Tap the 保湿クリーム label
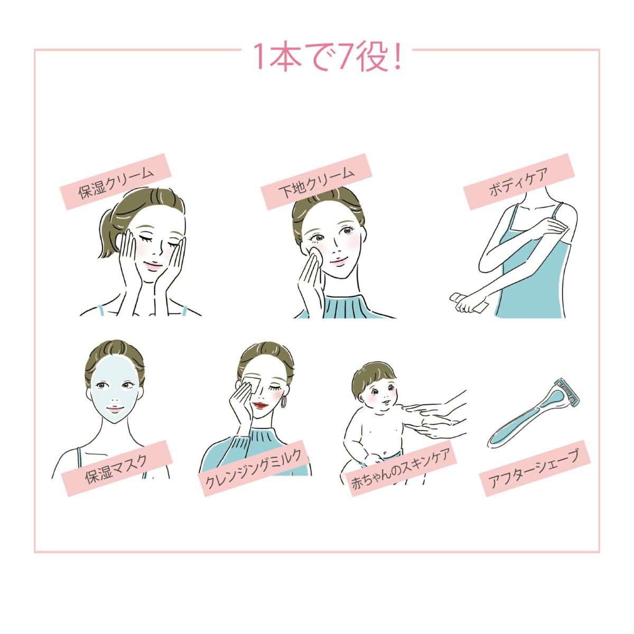[116, 181]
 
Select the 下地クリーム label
[316, 181]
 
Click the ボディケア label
[518, 181]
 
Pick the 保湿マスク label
[117, 468]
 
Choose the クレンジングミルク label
[254, 468]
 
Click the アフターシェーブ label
[534, 468]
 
